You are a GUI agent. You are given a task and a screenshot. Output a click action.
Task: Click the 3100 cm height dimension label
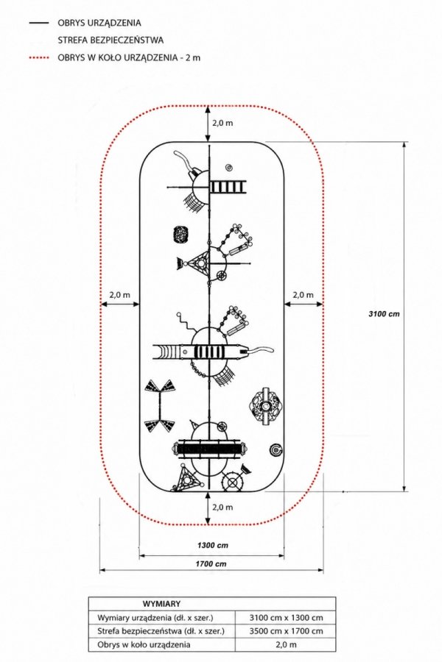[384, 313]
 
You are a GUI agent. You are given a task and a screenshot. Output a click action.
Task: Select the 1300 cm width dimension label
[212, 545]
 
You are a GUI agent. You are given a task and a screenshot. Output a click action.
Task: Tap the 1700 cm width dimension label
[211, 563]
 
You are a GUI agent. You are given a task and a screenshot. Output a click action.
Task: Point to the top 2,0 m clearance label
[222, 124]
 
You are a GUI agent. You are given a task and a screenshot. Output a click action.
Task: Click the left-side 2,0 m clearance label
[119, 295]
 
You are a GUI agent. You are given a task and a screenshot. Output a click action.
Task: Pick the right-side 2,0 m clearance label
[304, 295]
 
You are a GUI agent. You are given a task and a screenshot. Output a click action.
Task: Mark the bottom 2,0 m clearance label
[222, 507]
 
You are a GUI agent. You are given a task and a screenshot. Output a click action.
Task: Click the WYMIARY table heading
[161, 604]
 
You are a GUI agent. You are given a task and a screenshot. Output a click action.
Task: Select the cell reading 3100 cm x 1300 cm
[286, 618]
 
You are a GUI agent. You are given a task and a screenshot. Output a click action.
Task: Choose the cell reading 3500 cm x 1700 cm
[286, 631]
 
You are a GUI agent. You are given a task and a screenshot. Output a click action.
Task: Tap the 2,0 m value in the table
[286, 644]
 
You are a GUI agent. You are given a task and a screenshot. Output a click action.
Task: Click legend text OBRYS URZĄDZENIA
[99, 23]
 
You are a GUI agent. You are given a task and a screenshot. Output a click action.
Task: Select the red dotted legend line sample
[39, 57]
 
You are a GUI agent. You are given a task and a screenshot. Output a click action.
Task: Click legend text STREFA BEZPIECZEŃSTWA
[110, 40]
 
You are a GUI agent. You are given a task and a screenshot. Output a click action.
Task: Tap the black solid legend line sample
[39, 23]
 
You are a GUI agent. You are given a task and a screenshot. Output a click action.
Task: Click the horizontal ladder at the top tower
[228, 187]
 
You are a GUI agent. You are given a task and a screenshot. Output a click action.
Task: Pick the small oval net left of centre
[181, 235]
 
